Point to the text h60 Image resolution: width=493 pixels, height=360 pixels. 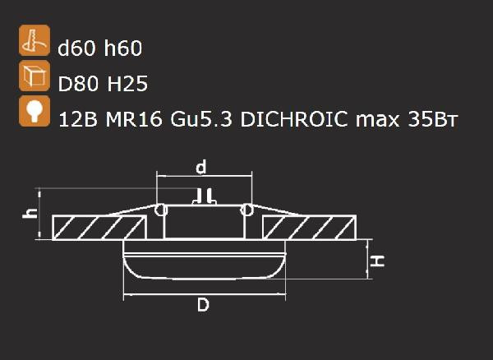(122, 49)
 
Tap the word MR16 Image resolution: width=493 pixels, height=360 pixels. (131, 120)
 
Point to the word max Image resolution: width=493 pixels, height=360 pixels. (376, 120)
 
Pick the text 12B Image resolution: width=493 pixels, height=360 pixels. (76, 120)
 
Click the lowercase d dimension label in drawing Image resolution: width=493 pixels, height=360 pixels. (200, 168)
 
